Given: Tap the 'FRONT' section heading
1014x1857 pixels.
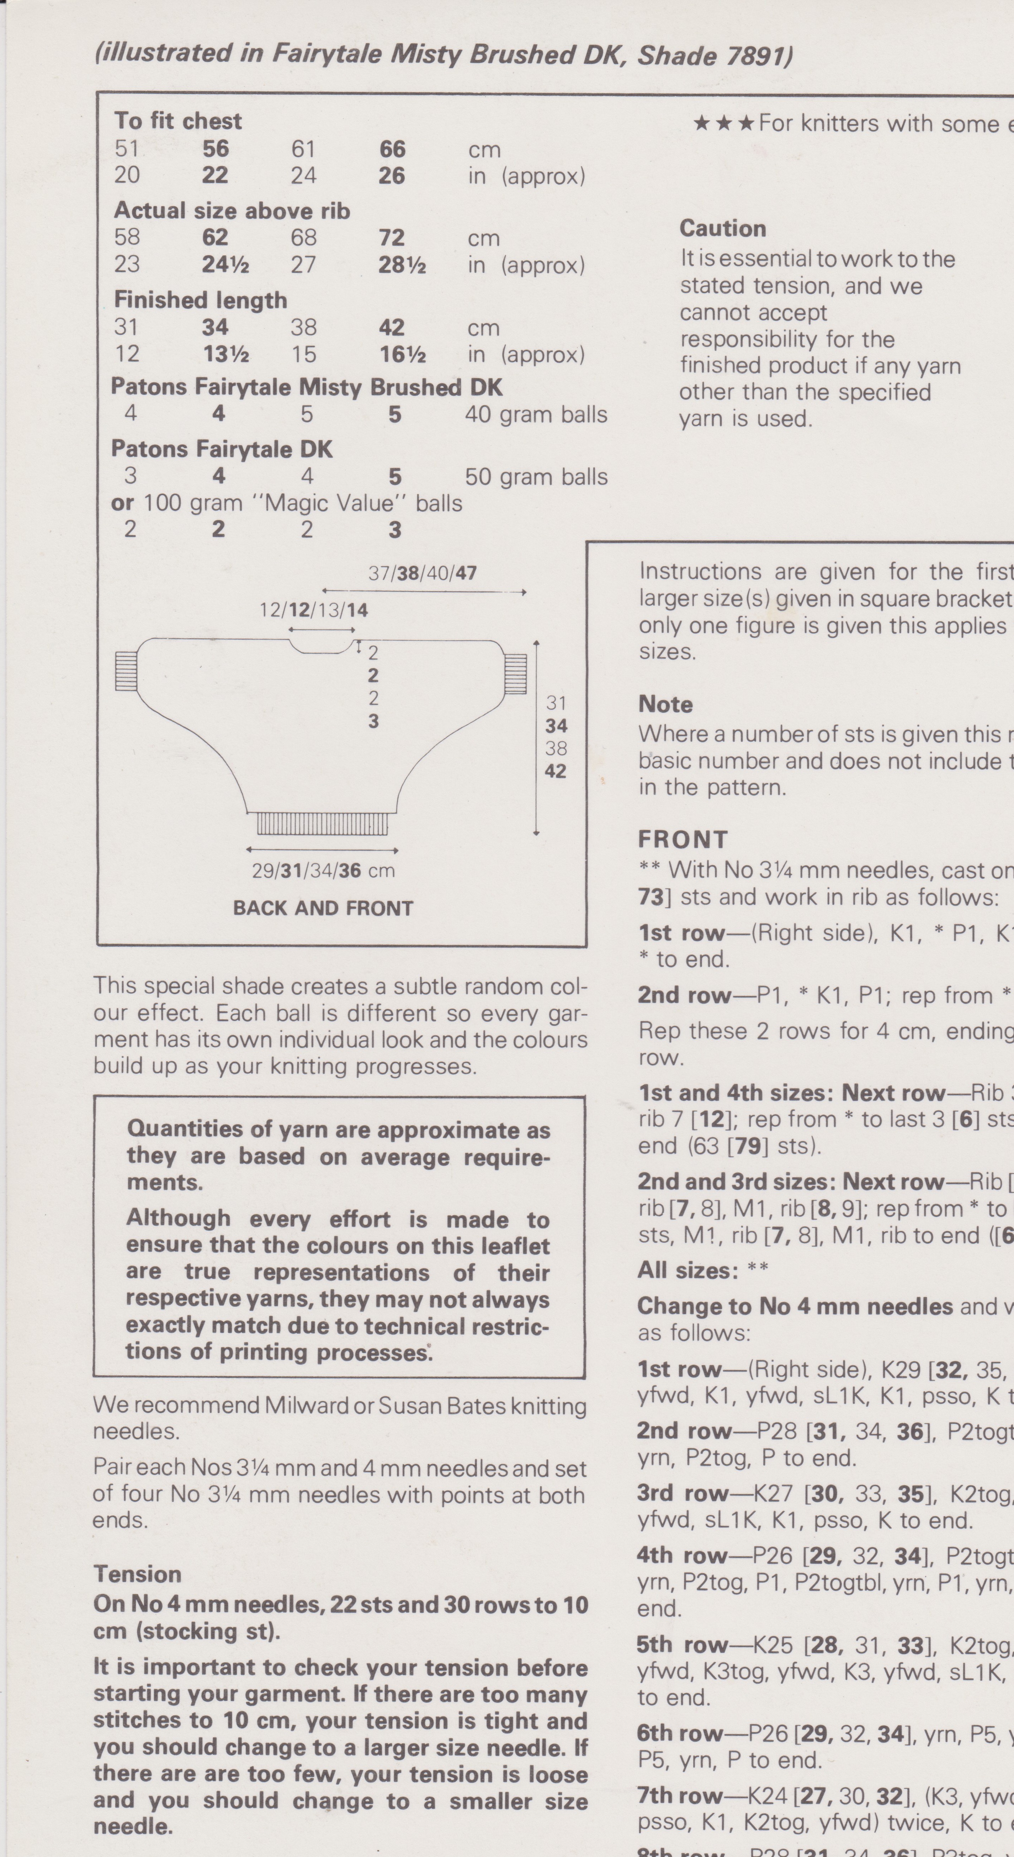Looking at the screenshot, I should pyautogui.click(x=683, y=840).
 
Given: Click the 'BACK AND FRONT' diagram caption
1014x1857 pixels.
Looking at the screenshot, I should pyautogui.click(x=323, y=908).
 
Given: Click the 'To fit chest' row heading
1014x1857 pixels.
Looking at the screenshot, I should pyautogui.click(x=178, y=121).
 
